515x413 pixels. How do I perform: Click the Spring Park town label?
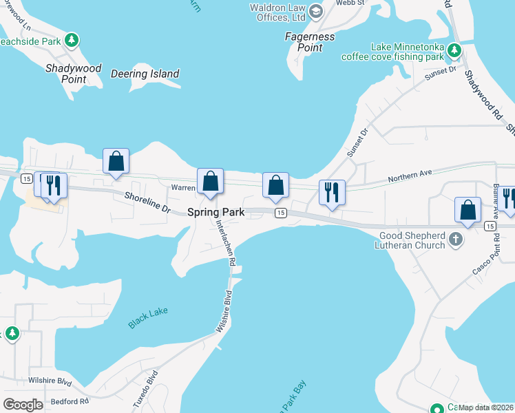216,213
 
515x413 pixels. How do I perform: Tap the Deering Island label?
145,74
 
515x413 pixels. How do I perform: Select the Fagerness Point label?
310,42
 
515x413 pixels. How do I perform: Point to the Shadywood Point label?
73,74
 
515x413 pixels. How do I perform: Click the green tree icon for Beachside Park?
71,41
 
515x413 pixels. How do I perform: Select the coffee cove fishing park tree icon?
454,50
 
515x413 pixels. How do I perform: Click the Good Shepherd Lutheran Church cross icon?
455,239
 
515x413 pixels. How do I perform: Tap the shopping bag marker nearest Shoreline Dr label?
116,161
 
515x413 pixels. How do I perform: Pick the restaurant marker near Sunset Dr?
332,192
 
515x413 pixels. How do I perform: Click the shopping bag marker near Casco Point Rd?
467,210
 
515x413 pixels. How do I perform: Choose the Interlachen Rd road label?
225,243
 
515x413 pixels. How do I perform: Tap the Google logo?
23,405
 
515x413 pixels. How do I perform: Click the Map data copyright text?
486,407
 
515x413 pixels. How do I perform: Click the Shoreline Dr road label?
147,200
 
